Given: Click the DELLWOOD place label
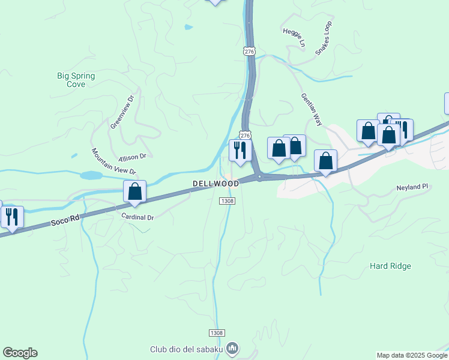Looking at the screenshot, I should (x=215, y=183).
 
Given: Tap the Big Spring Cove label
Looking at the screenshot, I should (x=76, y=80).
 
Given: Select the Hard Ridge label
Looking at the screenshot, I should (x=390, y=266).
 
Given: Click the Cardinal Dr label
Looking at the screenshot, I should (x=137, y=217).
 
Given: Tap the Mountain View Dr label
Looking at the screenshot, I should (x=114, y=162).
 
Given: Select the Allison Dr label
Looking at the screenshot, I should (x=133, y=157).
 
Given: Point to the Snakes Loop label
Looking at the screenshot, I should (x=324, y=38).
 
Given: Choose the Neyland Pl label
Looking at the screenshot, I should (x=412, y=187).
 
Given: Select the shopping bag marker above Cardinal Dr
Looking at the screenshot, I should (x=135, y=192).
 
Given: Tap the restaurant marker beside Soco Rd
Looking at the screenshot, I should (x=12, y=217).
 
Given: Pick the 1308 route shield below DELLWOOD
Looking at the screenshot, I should (x=226, y=201).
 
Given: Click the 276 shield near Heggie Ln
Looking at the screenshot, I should (x=250, y=52).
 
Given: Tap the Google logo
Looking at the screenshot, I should (x=20, y=353).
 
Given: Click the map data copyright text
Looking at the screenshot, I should (x=412, y=355).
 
